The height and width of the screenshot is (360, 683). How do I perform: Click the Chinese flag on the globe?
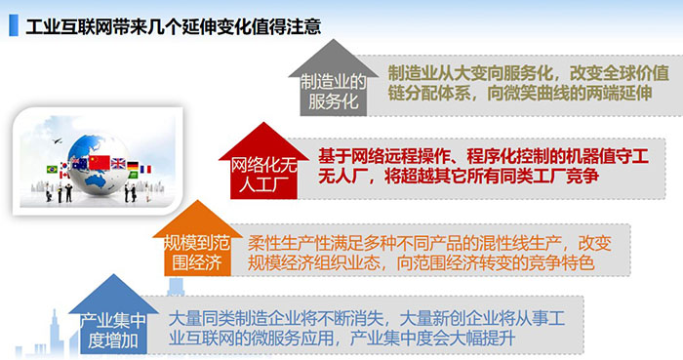[x=100, y=163]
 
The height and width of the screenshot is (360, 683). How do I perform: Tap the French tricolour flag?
[x=147, y=170]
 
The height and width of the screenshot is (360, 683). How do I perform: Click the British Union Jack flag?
[x=118, y=164]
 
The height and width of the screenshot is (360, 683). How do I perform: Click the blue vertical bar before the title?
[x=13, y=23]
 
